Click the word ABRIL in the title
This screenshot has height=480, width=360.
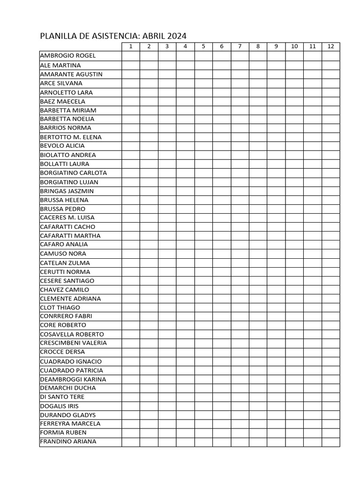pos(155,36)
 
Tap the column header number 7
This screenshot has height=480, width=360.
pos(240,46)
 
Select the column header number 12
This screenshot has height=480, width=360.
pos(331,46)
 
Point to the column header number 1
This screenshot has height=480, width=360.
pos(131,46)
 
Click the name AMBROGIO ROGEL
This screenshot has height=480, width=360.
pos(68,56)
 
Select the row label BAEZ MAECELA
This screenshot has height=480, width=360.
pos(63,101)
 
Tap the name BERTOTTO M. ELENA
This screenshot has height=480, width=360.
pos(71,137)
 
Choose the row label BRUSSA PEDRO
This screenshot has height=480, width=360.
pos(63,209)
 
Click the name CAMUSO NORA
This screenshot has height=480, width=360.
pos(63,254)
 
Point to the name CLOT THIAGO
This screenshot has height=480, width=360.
pos(60,307)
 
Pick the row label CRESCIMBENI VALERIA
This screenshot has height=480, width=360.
pos(74,343)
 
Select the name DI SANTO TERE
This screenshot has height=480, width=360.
pos(62,397)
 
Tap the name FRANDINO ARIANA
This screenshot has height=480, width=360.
pos(68,442)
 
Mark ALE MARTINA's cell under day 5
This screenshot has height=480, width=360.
pos(203,65)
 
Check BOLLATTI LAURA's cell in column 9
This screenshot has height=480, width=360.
pos(276,164)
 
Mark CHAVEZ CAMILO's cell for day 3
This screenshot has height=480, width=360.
pos(167,290)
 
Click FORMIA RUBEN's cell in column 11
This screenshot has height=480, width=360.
pos(313,433)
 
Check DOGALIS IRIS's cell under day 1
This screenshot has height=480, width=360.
pos(131,406)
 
